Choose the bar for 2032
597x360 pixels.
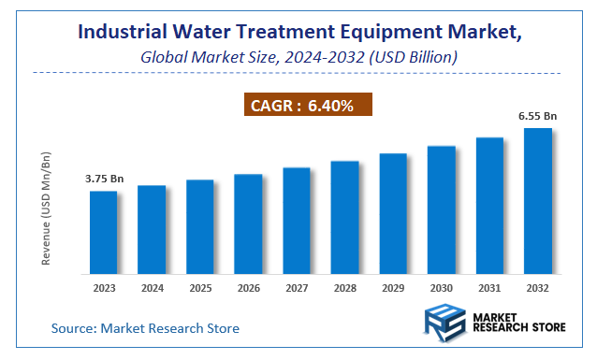pyautogui.click(x=537, y=200)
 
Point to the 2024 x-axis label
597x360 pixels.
pyautogui.click(x=152, y=289)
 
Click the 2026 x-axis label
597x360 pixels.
pyautogui.click(x=248, y=289)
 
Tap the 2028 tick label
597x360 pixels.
pyautogui.click(x=344, y=289)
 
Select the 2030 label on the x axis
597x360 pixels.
pyautogui.click(x=441, y=289)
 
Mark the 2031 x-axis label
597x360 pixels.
pyautogui.click(x=489, y=289)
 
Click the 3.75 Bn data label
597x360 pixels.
pyautogui.click(x=104, y=178)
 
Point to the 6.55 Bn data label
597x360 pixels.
pyautogui.click(x=537, y=115)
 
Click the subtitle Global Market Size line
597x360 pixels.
pyautogui.click(x=298, y=57)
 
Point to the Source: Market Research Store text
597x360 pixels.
pyautogui.click(x=145, y=328)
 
